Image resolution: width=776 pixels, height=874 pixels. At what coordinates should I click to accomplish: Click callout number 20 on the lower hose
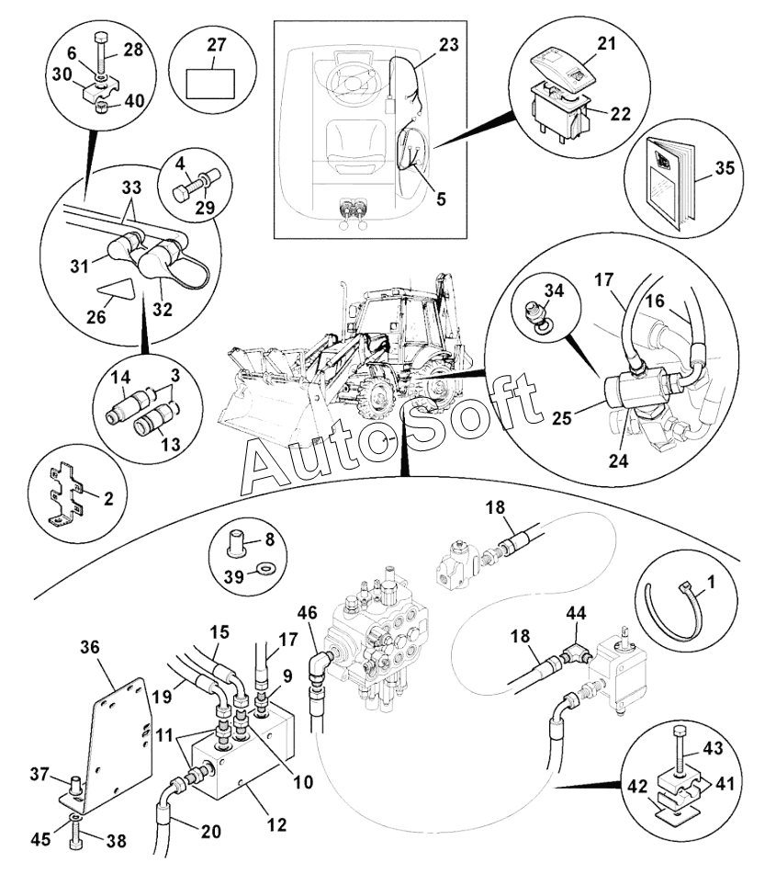pos(210,832)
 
